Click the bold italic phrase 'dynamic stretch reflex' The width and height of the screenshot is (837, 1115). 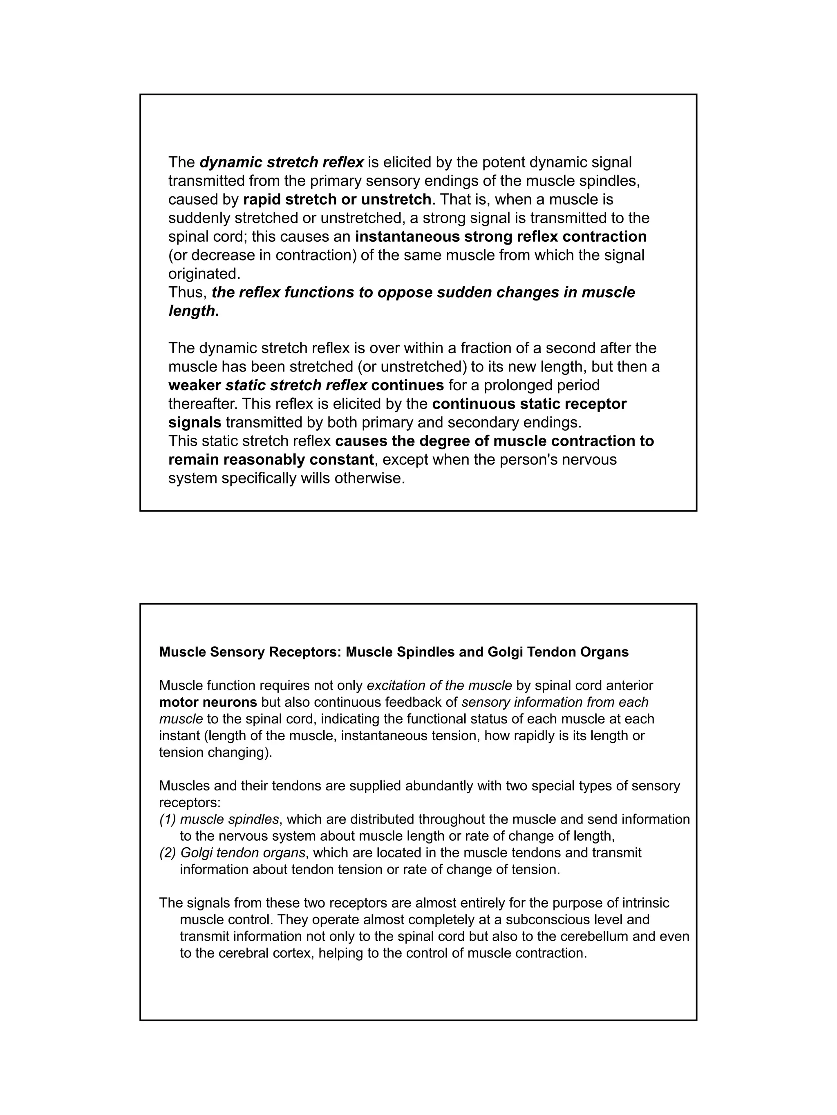point(282,162)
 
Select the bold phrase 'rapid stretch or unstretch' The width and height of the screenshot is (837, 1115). point(337,200)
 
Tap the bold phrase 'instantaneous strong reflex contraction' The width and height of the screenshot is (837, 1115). point(501,236)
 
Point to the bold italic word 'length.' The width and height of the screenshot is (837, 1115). point(194,311)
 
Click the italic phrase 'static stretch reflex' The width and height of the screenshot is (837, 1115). point(296,385)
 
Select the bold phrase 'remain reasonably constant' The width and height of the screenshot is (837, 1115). point(271,460)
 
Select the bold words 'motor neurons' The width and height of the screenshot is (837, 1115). point(208,702)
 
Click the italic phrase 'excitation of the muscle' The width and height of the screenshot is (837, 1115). point(439,685)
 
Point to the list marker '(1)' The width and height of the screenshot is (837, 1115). point(168,819)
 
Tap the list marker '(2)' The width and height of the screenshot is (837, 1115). point(168,852)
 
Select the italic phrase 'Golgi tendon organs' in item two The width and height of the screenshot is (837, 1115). point(243,852)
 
